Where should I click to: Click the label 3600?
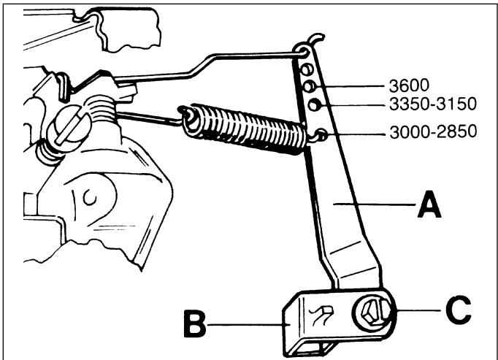(x=409, y=85)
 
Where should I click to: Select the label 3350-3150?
(x=433, y=104)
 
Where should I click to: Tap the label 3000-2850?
(x=433, y=131)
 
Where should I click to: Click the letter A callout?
(x=429, y=204)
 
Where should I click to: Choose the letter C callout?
(x=459, y=310)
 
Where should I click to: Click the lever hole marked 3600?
(x=309, y=86)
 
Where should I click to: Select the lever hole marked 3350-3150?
(x=314, y=105)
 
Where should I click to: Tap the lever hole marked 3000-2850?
(x=321, y=134)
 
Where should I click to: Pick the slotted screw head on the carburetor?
(x=69, y=128)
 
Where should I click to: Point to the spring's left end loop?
(x=188, y=118)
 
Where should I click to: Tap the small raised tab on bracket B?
(x=321, y=315)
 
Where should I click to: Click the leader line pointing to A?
(x=374, y=204)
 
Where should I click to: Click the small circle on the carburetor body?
(x=90, y=198)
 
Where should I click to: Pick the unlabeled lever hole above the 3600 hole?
(x=307, y=69)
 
